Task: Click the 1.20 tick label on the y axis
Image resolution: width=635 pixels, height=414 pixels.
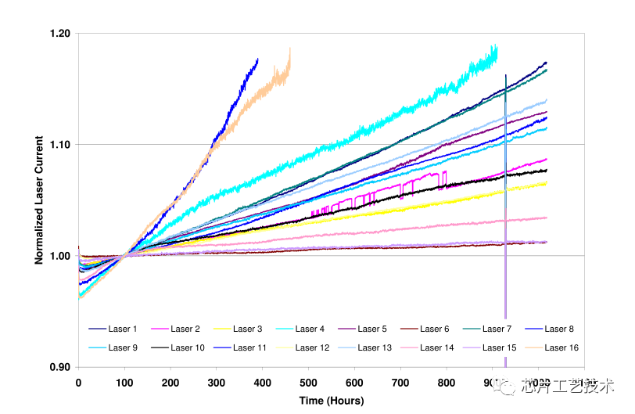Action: (59, 34)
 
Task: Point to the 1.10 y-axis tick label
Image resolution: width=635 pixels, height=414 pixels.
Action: (59, 145)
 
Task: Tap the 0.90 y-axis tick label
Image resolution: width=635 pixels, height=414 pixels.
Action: (59, 367)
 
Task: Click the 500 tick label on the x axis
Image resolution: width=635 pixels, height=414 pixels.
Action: (309, 382)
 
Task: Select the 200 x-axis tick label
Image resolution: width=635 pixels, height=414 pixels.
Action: (170, 382)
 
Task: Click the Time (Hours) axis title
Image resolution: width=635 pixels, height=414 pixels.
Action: (331, 401)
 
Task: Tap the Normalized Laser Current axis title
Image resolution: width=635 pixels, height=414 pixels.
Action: (38, 200)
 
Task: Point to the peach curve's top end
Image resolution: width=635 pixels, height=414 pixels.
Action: (289, 49)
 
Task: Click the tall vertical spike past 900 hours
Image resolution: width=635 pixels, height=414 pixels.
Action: (506, 157)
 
